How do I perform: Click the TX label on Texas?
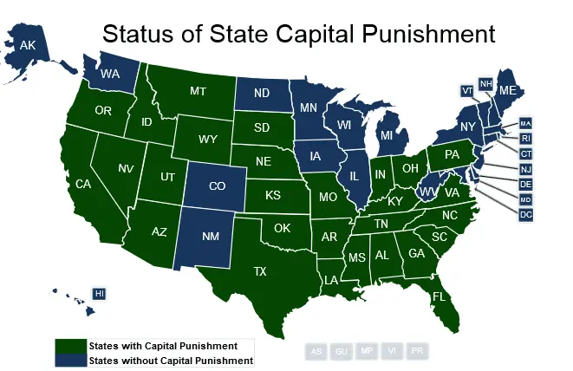pos(259,271)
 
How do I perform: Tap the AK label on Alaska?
pos(27,45)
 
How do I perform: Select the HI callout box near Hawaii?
pos(99,294)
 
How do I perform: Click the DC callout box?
pos(525,214)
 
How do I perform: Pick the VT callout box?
pos(467,90)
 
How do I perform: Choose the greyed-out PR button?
pos(418,351)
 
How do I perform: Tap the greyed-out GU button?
pos(342,351)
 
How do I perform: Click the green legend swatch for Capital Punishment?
pos(71,346)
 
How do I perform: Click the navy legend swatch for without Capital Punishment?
pos(71,360)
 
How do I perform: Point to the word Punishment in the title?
pos(414,35)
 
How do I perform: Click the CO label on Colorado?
pos(217,185)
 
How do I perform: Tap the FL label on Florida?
pos(440,296)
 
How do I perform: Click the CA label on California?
pos(83,184)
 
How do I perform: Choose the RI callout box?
pos(525,137)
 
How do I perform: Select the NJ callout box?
pos(525,168)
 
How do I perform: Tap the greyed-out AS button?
pos(316,351)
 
